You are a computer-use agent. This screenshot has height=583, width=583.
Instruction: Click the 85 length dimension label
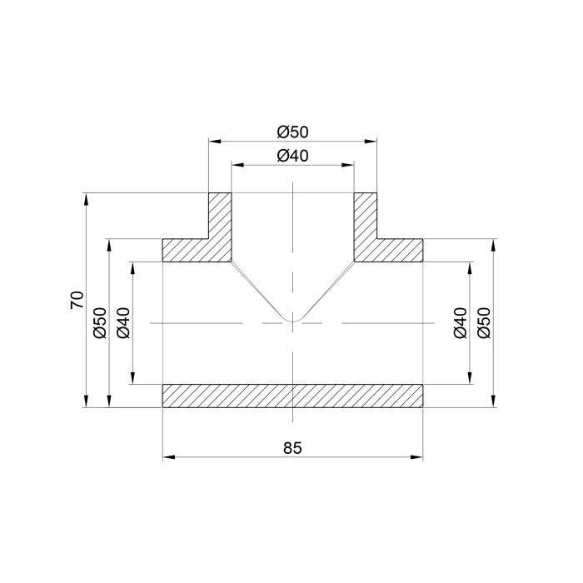(292, 448)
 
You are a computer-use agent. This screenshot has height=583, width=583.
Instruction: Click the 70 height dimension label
(77, 300)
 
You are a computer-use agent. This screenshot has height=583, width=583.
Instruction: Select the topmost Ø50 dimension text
(292, 132)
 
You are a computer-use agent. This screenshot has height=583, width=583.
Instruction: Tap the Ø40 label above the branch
(292, 156)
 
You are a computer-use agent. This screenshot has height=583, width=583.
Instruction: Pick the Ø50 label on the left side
(101, 323)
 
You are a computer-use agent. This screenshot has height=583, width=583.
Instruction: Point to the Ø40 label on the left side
(124, 323)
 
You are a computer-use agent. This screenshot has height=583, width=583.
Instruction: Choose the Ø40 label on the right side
(461, 323)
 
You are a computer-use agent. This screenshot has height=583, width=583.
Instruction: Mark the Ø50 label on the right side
(484, 323)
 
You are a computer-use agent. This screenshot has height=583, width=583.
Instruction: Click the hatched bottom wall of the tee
(292, 396)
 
